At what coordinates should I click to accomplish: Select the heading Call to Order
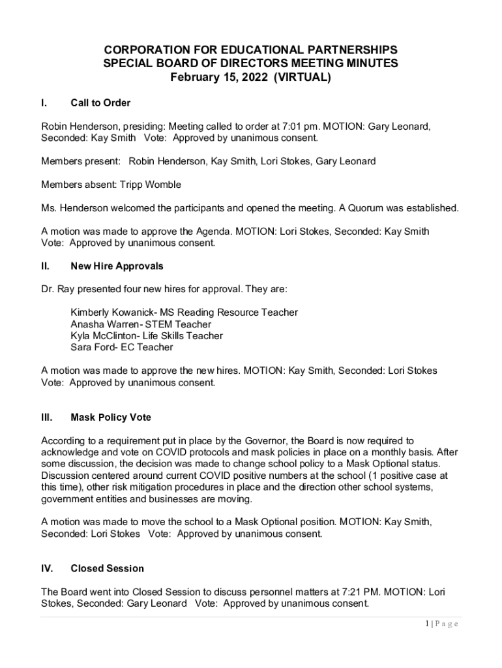pos(100,103)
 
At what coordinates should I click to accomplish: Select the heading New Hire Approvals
pos(117,266)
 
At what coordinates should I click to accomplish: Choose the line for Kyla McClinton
pos(146,336)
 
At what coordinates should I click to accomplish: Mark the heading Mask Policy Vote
pos(111,417)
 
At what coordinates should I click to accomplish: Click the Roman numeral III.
pos(46,417)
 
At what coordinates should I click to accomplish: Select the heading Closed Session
pos(107,569)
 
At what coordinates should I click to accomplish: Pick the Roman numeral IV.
pos(47,569)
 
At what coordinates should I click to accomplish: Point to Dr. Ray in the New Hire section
pos(57,289)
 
